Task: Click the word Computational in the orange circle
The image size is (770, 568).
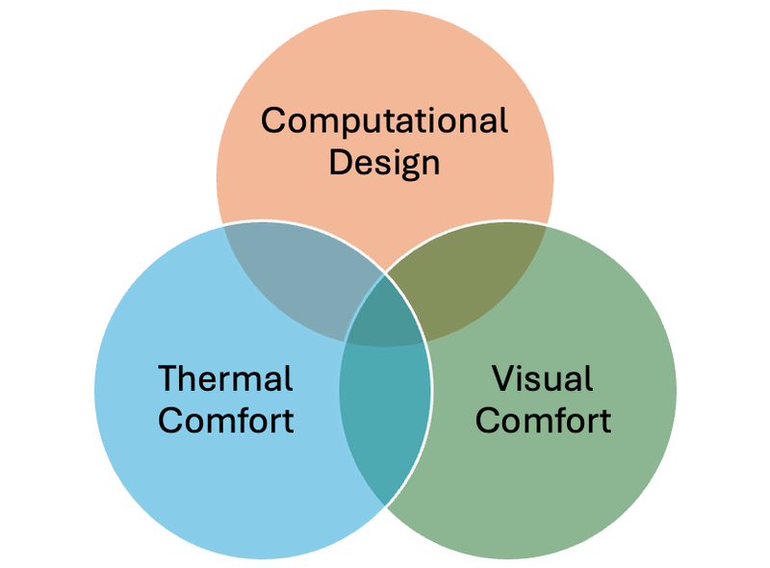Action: [384, 120]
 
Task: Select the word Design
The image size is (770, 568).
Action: [384, 163]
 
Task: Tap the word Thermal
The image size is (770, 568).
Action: [225, 378]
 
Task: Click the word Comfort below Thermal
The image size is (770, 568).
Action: [226, 421]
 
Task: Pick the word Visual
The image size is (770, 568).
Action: [543, 378]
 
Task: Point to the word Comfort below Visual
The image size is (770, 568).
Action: [543, 421]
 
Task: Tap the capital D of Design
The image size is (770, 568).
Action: [341, 162]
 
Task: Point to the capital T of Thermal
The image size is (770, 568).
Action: [169, 378]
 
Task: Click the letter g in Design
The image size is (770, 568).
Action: [405, 167]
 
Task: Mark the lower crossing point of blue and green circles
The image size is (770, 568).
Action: [385, 505]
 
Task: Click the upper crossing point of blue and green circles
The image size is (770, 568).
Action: [385, 272]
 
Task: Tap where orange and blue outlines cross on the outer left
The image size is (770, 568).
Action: [223, 225]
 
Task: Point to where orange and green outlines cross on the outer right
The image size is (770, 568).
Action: [547, 225]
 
